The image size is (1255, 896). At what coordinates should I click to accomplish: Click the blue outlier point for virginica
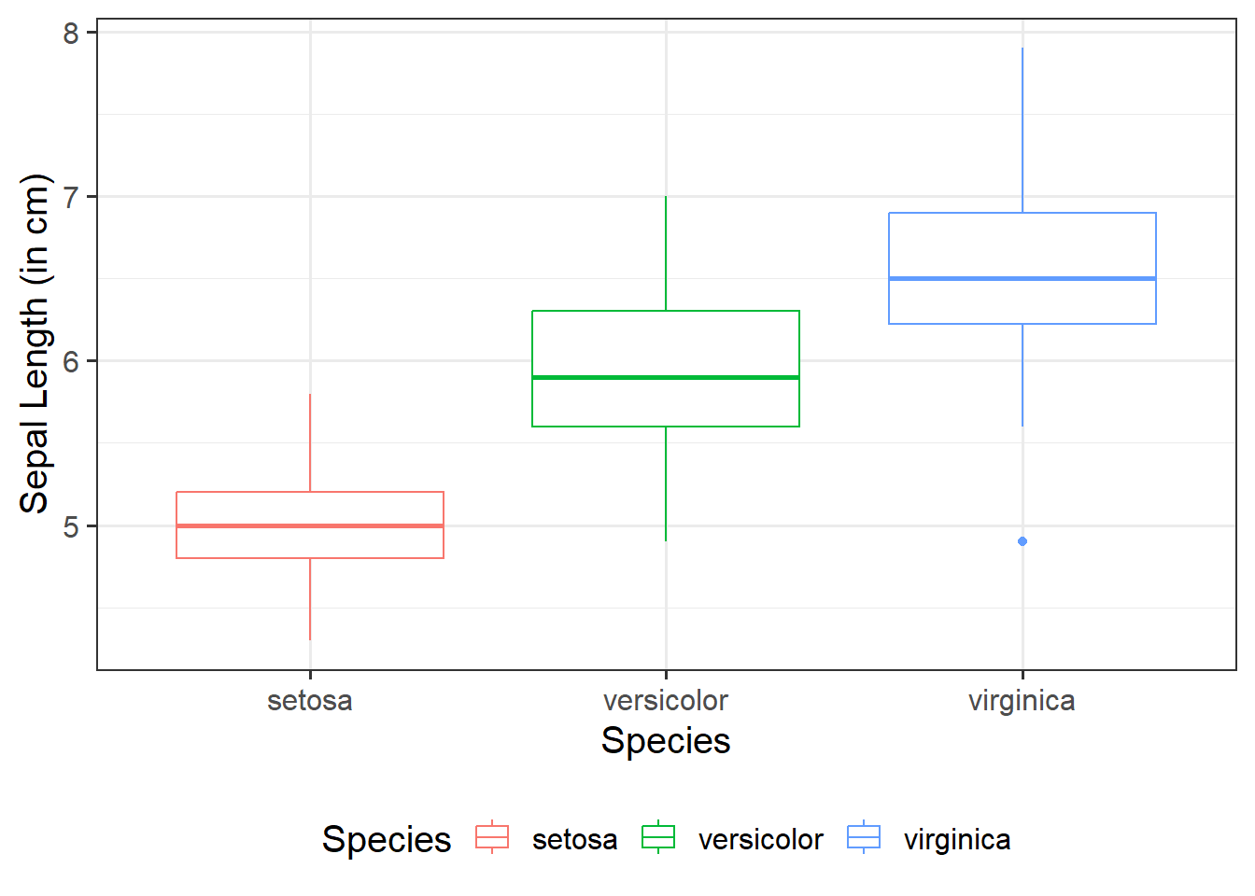pyautogui.click(x=1022, y=541)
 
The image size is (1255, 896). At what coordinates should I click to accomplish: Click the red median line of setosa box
pyautogui.click(x=310, y=526)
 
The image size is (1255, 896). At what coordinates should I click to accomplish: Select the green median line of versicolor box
pyautogui.click(x=666, y=377)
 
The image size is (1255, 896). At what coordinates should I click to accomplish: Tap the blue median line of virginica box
pyautogui.click(x=1022, y=278)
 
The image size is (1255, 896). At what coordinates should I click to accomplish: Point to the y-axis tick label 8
pyautogui.click(x=72, y=34)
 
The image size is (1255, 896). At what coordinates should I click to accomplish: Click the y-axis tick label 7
pyautogui.click(x=72, y=198)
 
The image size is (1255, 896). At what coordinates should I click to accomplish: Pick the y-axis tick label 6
pyautogui.click(x=72, y=362)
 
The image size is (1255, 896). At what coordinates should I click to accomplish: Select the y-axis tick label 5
pyautogui.click(x=72, y=526)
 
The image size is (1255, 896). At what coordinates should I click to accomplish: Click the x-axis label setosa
pyautogui.click(x=310, y=701)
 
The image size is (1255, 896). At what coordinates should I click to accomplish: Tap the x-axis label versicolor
pyautogui.click(x=666, y=701)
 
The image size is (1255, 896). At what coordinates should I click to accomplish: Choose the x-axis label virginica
pyautogui.click(x=1022, y=701)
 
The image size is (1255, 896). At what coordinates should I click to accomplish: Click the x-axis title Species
pyautogui.click(x=666, y=741)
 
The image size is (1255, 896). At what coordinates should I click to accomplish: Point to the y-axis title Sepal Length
pyautogui.click(x=35, y=343)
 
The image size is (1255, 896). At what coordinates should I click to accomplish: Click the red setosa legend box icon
pyautogui.click(x=492, y=837)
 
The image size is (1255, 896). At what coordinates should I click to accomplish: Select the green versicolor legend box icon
pyautogui.click(x=658, y=837)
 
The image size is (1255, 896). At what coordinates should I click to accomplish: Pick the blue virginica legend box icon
pyautogui.click(x=864, y=837)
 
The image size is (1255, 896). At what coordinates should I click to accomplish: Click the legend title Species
pyautogui.click(x=387, y=839)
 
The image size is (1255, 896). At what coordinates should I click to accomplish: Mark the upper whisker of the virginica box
pyautogui.click(x=1022, y=131)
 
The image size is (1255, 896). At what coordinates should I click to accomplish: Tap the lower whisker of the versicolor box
pyautogui.click(x=666, y=483)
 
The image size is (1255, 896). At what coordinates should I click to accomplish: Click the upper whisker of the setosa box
pyautogui.click(x=310, y=443)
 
